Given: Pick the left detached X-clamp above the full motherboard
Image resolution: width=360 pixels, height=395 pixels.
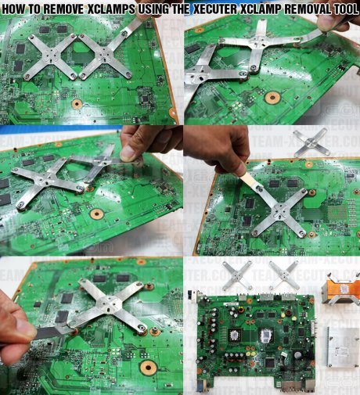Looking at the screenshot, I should (236, 275).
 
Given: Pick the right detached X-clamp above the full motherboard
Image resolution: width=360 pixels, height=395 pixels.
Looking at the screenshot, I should (284, 275).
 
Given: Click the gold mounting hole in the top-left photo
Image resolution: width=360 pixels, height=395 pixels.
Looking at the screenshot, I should (76, 103).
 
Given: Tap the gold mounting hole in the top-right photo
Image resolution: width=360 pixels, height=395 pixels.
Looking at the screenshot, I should (272, 99).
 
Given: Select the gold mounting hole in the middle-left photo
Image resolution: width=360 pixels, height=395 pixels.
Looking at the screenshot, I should (95, 214).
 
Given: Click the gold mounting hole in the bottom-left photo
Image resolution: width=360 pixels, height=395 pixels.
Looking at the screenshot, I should (147, 367).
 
